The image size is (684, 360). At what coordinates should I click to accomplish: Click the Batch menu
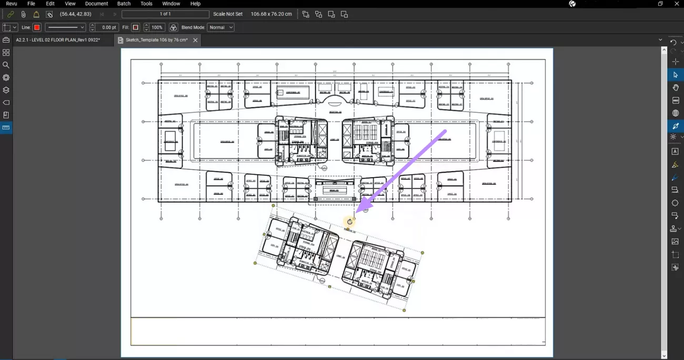(124, 4)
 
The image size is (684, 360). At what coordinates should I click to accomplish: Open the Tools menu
(146, 4)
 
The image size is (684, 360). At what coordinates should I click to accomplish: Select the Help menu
(195, 4)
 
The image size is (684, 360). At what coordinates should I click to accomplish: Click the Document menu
(96, 4)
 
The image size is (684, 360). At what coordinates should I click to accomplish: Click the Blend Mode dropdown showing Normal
(220, 27)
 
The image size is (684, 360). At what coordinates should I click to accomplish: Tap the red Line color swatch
(37, 27)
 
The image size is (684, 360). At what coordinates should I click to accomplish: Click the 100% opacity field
(157, 27)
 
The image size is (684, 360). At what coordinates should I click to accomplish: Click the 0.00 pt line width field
(108, 27)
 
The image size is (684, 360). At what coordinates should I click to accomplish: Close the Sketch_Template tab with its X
(195, 40)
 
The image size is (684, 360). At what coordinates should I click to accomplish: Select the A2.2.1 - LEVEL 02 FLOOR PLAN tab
(58, 40)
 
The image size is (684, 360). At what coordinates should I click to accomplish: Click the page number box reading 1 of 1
(165, 14)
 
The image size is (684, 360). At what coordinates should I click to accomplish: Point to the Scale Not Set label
(228, 14)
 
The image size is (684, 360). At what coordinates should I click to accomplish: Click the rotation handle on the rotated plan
(349, 222)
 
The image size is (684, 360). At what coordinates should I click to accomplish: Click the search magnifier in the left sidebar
(6, 65)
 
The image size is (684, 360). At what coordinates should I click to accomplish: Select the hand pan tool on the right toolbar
(675, 87)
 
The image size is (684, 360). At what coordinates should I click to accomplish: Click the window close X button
(677, 4)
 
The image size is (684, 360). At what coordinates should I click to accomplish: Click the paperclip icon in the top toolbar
(24, 14)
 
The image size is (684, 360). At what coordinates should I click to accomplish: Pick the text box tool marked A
(675, 152)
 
